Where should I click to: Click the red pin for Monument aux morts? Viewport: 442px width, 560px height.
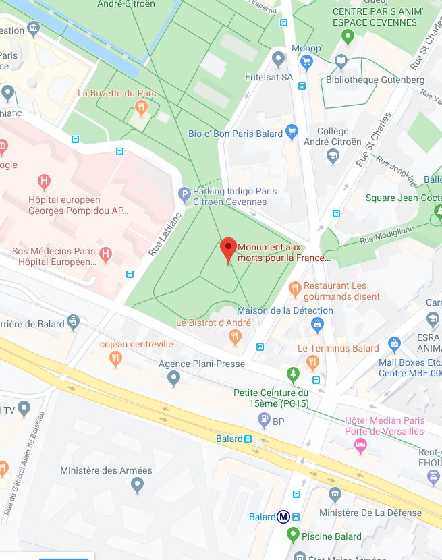pos(228,248)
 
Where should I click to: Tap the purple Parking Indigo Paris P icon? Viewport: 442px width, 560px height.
pos(184,195)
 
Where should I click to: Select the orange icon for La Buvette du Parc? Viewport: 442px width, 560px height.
pos(140,107)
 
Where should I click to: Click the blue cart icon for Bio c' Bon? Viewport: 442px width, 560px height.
pos(292,132)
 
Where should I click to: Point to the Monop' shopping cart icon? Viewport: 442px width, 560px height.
pos(307,63)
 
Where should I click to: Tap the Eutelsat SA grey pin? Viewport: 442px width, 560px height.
pos(278,60)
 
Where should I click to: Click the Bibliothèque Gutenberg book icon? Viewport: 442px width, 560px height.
pos(341,63)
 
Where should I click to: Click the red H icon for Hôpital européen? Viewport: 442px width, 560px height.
pos(44,181)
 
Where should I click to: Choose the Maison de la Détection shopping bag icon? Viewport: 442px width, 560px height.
pos(317,325)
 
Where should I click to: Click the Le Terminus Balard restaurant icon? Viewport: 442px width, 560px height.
pos(312,362)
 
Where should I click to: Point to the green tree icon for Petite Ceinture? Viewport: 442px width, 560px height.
pos(292,374)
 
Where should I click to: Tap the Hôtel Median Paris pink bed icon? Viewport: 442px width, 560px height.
pos(361,445)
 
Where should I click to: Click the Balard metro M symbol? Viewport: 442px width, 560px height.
pos(284,517)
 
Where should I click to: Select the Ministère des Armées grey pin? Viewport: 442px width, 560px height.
pos(138,484)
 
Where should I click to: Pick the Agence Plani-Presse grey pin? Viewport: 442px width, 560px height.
pos(174,379)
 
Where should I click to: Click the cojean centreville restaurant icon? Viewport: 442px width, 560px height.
pos(116,358)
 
